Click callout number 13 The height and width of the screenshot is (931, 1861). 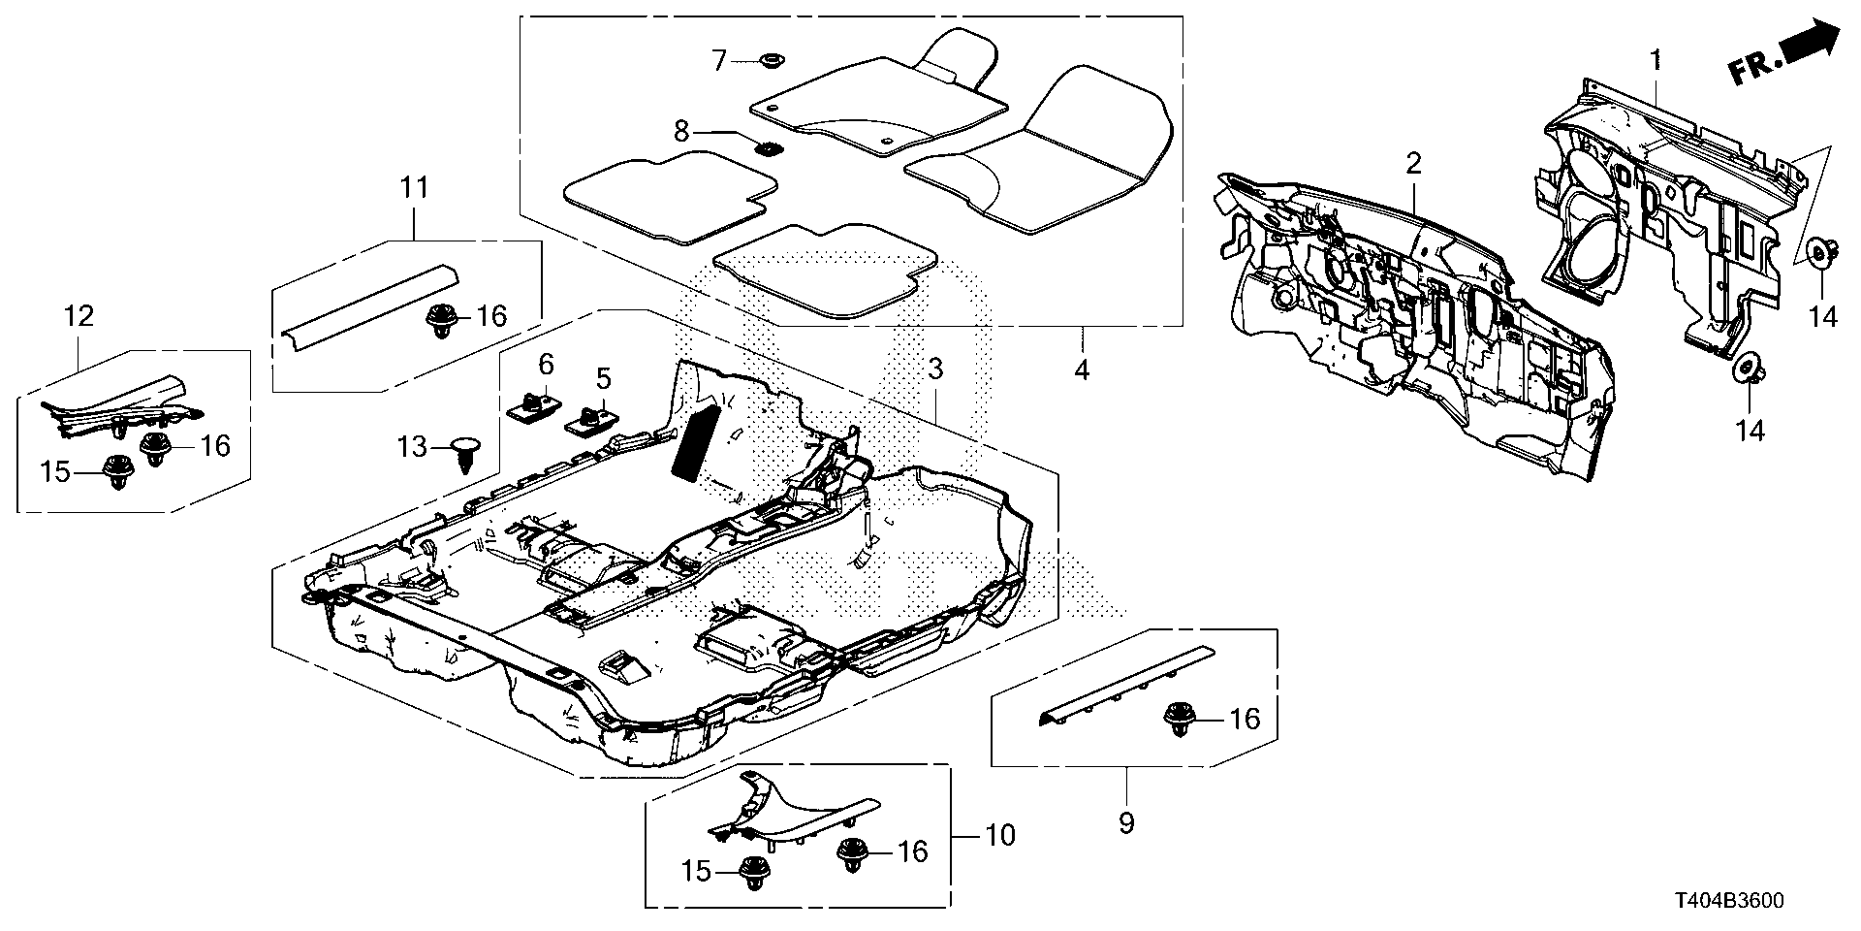412,447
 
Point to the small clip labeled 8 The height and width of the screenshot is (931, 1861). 770,149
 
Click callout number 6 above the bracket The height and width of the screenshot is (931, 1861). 546,365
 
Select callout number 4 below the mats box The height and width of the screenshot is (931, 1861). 1081,369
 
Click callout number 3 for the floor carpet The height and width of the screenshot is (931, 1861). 935,369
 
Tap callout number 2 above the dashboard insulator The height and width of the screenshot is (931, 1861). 1413,163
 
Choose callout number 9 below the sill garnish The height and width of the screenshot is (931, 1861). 1126,823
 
